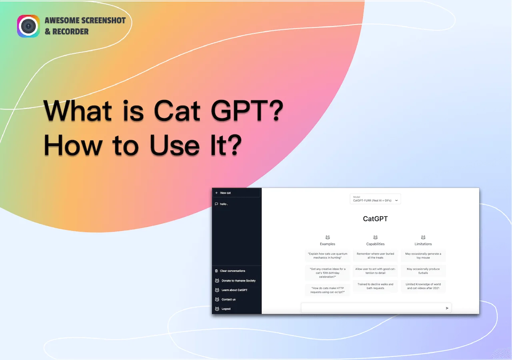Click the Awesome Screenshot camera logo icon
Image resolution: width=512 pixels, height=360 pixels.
click(x=28, y=26)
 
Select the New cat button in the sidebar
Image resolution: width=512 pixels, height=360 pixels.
click(x=236, y=193)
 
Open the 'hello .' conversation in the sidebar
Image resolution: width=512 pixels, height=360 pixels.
click(x=224, y=204)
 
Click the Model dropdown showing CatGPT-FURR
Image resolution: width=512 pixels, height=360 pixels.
click(x=375, y=199)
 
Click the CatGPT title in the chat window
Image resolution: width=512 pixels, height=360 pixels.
click(x=375, y=219)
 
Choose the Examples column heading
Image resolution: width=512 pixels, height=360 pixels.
click(x=328, y=244)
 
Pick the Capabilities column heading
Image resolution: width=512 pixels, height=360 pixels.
click(x=375, y=244)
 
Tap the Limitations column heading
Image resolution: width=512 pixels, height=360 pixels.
click(x=423, y=244)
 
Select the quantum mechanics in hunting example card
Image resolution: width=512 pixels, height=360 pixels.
click(x=328, y=256)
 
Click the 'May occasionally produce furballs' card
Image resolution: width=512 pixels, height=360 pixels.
click(x=423, y=271)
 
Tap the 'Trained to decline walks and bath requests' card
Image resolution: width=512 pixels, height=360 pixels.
click(x=375, y=286)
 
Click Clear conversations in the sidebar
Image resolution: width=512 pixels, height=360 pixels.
click(x=232, y=271)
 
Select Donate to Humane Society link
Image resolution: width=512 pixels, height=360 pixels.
click(x=238, y=280)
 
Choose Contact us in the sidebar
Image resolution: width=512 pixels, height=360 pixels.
click(x=228, y=299)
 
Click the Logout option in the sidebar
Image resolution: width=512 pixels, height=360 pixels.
click(x=226, y=309)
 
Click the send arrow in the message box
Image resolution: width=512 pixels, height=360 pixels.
click(x=447, y=308)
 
